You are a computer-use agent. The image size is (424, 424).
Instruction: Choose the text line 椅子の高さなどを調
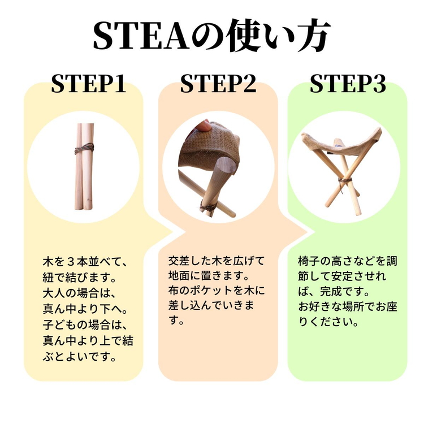click(x=348, y=262)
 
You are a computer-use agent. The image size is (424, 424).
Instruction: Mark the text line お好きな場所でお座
click(x=348, y=308)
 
